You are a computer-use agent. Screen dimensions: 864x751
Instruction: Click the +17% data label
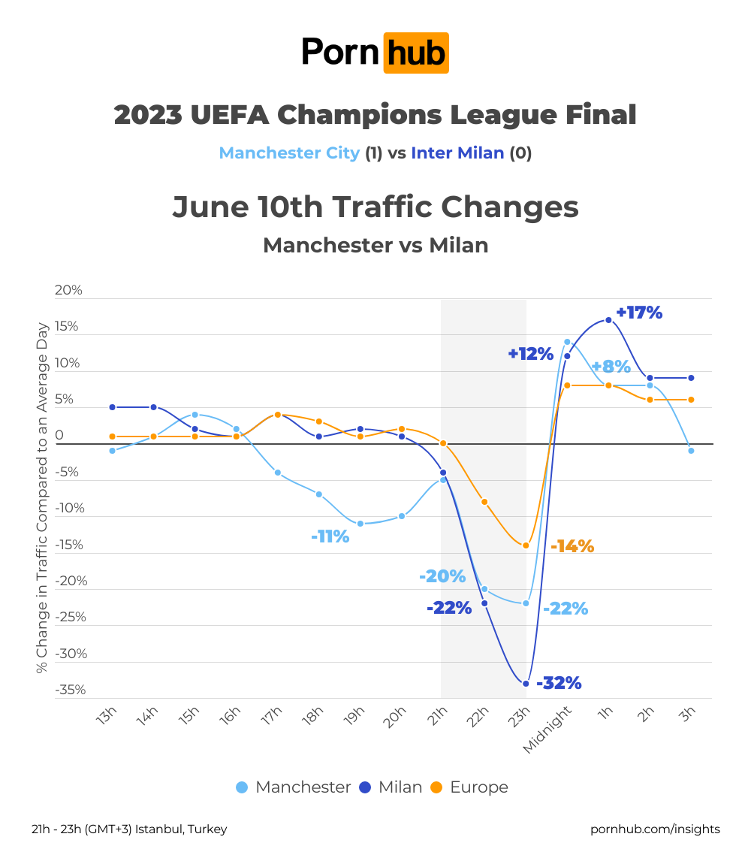point(639,313)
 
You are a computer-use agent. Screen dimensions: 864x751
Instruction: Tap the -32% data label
point(559,683)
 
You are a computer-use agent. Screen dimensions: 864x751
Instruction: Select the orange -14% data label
point(572,546)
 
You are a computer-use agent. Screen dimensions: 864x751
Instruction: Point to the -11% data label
point(330,536)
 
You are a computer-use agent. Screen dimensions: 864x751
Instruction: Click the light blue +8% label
point(611,367)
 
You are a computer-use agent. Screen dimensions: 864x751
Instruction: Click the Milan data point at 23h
point(526,683)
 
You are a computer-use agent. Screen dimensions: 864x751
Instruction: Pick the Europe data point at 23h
point(526,545)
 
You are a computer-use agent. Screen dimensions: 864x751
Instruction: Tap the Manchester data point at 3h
point(691,451)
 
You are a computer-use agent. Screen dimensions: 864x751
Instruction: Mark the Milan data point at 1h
point(608,320)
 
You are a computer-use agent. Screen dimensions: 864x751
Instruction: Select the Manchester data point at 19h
point(360,523)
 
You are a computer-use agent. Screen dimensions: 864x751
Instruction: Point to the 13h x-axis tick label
point(107,717)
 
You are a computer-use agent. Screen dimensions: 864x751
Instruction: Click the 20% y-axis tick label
point(68,290)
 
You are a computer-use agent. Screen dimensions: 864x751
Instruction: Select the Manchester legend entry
point(293,787)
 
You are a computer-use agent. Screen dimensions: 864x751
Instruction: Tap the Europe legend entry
point(469,787)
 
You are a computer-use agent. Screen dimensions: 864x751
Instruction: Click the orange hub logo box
point(416,53)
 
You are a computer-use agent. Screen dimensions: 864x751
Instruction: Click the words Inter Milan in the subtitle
point(457,153)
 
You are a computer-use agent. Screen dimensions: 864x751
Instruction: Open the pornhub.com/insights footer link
point(655,829)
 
